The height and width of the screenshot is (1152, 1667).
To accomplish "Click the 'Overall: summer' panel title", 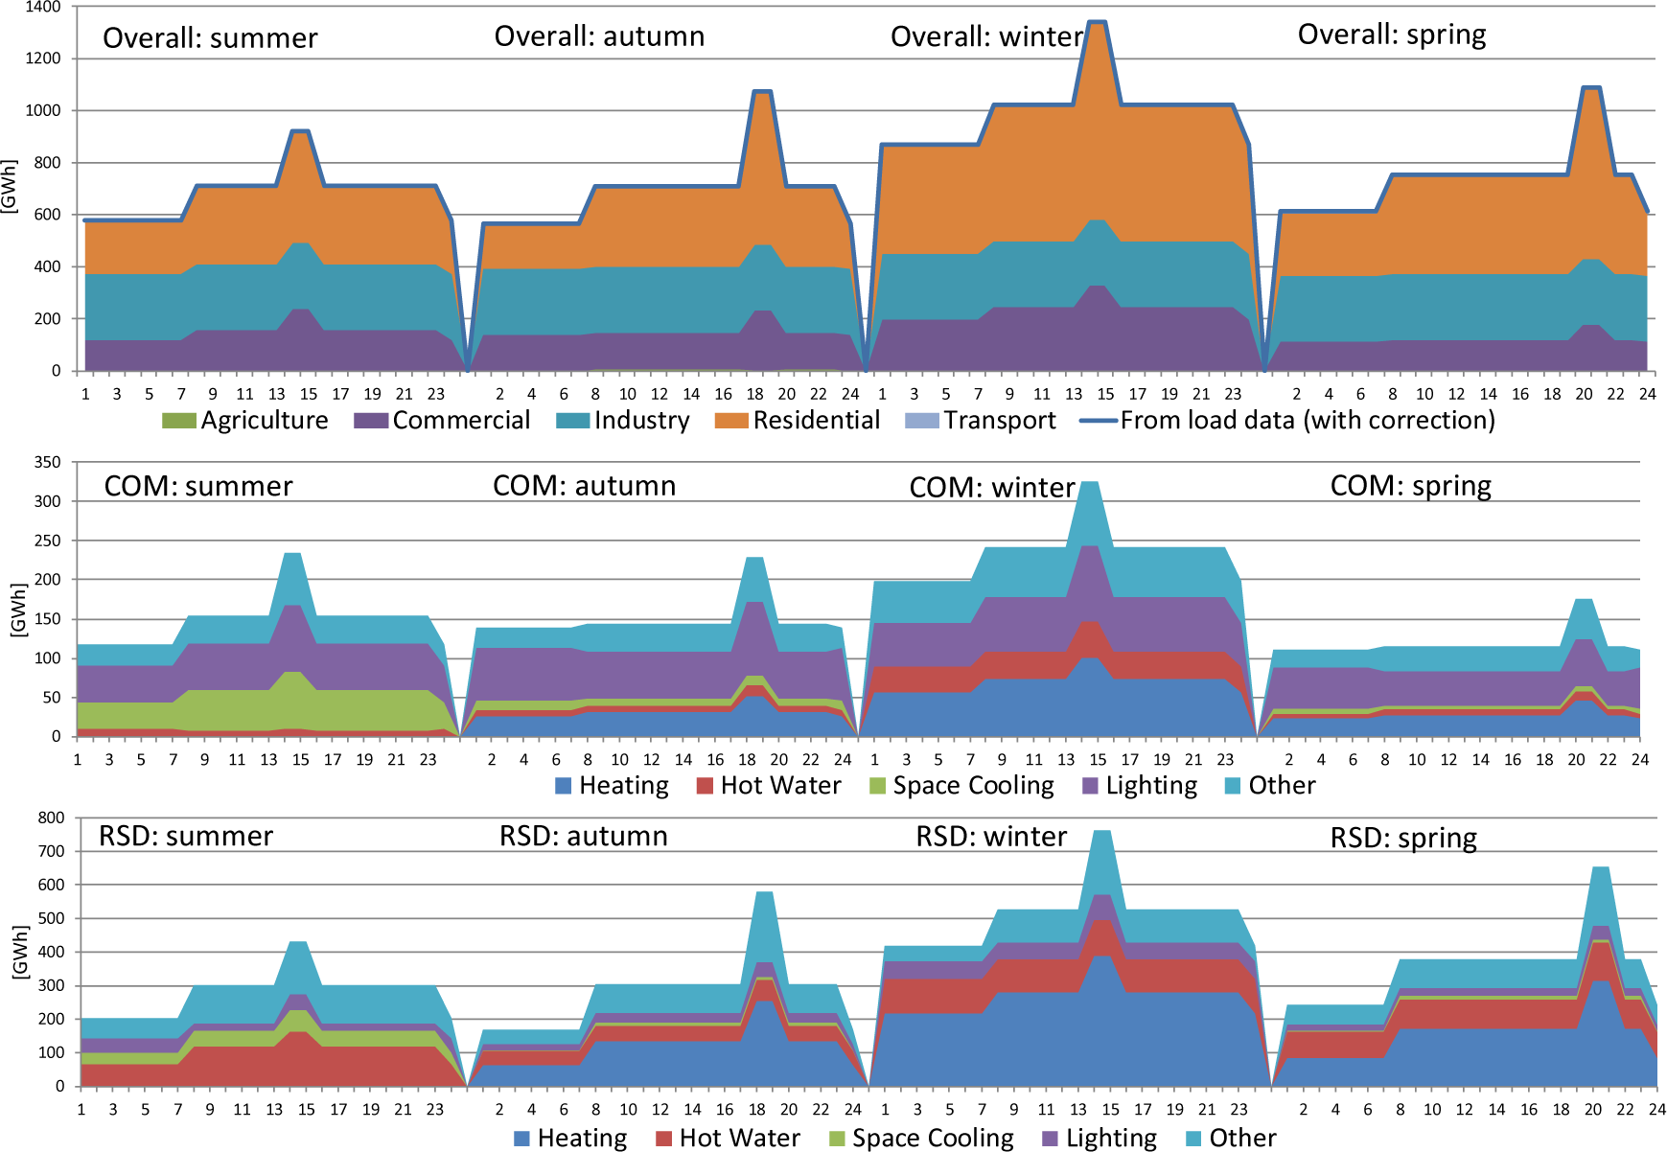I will tap(210, 38).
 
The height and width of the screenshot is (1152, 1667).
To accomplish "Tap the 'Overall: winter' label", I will tap(986, 36).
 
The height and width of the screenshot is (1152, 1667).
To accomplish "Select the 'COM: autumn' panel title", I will tap(584, 486).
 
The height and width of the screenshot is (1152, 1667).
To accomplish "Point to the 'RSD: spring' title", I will tap(1403, 839).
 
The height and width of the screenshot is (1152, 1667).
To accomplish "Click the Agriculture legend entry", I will tap(245, 421).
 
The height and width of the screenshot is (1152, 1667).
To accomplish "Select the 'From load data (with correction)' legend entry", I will tap(1286, 421).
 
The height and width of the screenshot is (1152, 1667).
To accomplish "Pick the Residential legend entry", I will tap(798, 421).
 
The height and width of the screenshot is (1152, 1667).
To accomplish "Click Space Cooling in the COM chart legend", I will tap(961, 786).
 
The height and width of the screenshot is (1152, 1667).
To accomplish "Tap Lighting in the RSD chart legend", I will tap(1100, 1139).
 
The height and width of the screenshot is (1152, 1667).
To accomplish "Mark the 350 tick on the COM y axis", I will tap(48, 462).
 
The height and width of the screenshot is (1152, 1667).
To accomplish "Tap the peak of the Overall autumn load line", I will tap(762, 91).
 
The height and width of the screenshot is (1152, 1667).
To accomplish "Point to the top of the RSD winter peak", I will tap(1102, 831).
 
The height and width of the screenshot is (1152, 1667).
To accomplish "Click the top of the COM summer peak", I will tap(293, 553).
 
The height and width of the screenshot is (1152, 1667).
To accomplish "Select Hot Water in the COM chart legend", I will tap(769, 786).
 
